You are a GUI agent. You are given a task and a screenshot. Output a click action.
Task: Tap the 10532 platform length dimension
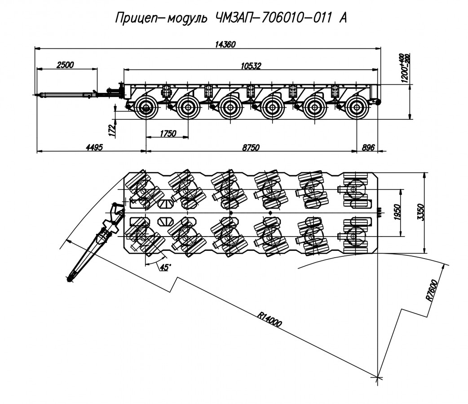tap(251, 66)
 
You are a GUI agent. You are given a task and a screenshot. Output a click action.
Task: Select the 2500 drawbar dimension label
tap(65, 65)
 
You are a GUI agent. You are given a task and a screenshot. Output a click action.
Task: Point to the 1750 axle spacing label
tap(168, 133)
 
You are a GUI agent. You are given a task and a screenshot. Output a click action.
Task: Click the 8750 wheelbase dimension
tap(250, 148)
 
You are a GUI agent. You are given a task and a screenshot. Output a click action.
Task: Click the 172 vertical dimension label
tap(112, 130)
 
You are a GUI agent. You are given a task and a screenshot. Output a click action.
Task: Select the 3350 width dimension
tap(420, 213)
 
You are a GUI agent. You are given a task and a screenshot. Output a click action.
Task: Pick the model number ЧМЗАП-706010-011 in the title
tap(271, 18)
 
